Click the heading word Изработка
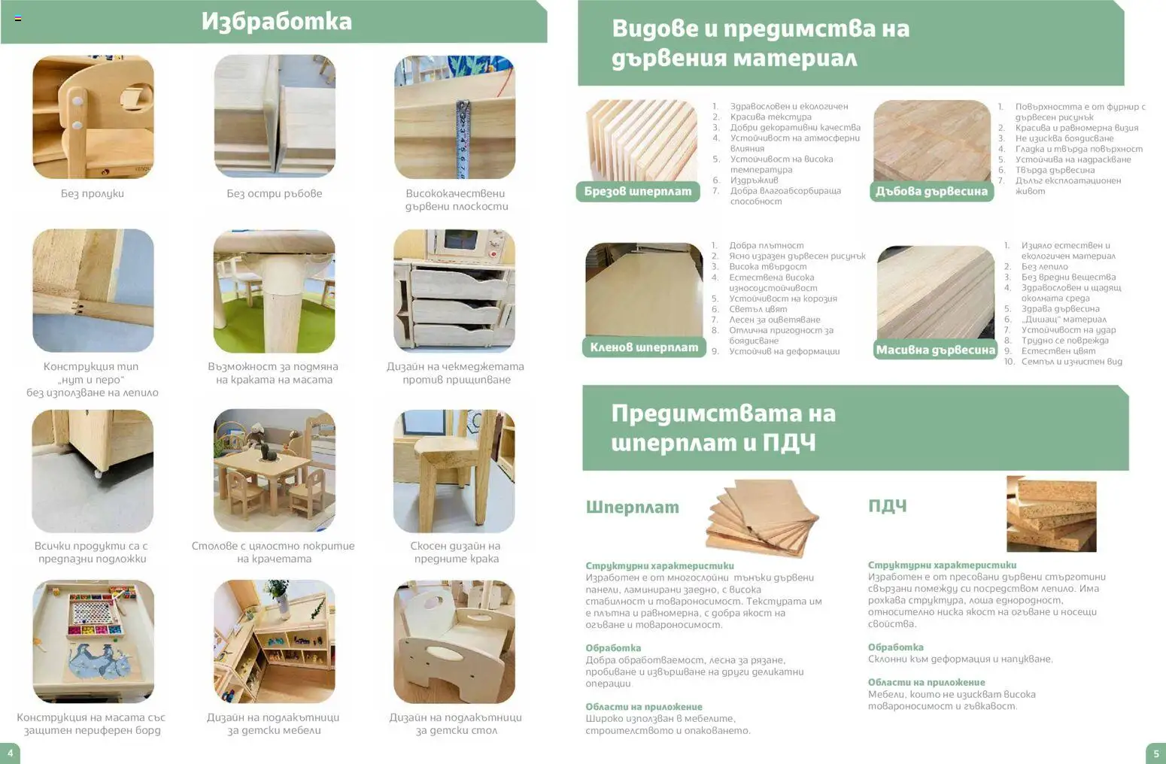coord(276,22)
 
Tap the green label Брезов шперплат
coord(638,192)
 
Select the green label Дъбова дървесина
coord(931,192)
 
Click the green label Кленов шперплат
coord(644,347)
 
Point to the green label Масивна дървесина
coord(935,350)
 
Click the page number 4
coord(10,753)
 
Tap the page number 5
coord(1156,753)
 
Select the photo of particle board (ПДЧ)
coord(1052,514)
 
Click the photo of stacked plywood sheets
coord(763,518)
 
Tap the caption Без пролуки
coord(93,193)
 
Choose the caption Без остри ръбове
coord(275,193)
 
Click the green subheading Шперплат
coord(633,507)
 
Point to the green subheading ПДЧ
coord(888,506)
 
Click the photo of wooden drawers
coord(454,291)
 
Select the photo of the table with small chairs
coord(275,471)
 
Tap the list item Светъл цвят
coord(758,309)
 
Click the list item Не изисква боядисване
coord(1064,138)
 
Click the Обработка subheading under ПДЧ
coord(896,647)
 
